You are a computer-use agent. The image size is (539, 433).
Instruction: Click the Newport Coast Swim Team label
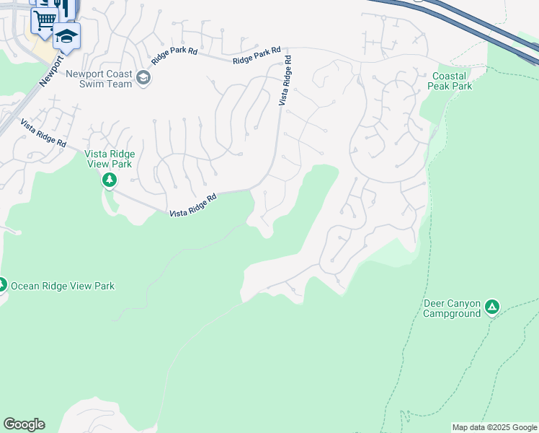tap(99, 79)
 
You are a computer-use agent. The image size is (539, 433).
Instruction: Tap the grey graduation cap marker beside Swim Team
tap(143, 78)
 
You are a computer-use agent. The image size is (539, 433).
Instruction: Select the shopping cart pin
tap(44, 19)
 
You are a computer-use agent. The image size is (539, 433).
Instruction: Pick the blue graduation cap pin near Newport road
tap(66, 35)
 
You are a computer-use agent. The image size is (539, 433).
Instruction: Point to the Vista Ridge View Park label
tap(110, 158)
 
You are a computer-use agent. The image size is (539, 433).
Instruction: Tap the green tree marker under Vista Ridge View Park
tap(110, 180)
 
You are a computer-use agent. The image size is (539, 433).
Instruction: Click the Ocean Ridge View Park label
tap(62, 286)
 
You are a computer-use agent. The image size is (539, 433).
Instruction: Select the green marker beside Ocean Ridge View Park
tap(1, 285)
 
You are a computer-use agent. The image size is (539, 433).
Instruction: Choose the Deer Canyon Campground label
tap(452, 308)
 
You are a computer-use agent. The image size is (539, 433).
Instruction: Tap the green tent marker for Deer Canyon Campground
tap(492, 307)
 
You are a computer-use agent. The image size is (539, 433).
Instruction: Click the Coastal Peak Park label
tap(452, 81)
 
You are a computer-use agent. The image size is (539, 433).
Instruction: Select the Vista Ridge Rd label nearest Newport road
tap(44, 134)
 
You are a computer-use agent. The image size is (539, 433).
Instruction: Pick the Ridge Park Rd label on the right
tap(257, 56)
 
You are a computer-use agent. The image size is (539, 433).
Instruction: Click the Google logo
tap(24, 424)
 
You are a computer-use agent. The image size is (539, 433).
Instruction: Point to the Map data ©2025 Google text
tap(495, 427)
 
